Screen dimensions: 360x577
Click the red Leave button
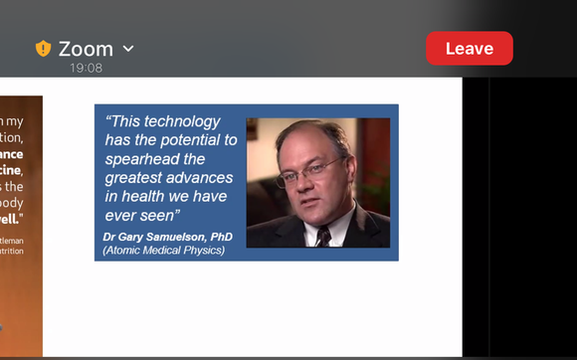click(469, 49)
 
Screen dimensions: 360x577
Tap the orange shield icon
click(43, 49)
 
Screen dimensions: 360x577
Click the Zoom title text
click(86, 49)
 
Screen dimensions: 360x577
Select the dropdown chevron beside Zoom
click(128, 49)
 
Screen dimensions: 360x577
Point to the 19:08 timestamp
click(86, 69)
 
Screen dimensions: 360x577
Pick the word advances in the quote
click(202, 178)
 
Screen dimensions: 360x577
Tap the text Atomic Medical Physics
click(164, 250)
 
